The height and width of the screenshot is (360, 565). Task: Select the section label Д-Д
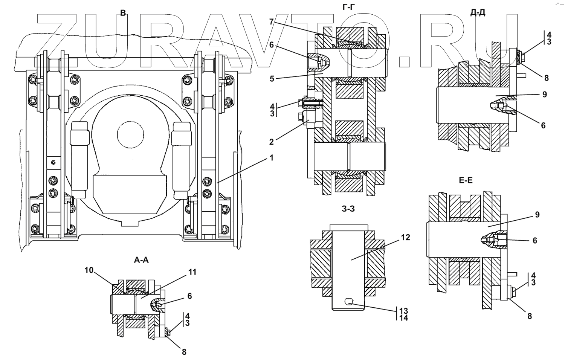click(x=478, y=12)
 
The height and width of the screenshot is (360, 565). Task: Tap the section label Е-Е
click(x=466, y=180)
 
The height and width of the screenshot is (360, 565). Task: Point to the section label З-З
click(x=348, y=209)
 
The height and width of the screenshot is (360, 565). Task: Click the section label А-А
click(x=141, y=259)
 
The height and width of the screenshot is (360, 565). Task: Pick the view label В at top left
click(x=123, y=13)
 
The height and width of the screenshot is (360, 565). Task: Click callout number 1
click(x=271, y=158)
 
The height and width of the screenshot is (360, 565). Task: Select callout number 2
click(x=271, y=142)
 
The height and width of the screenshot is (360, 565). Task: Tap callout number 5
click(x=272, y=79)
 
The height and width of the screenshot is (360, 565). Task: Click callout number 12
click(x=405, y=237)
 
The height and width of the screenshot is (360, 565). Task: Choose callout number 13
click(x=403, y=311)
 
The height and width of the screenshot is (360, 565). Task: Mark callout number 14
click(x=403, y=318)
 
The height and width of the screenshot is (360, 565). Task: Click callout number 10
click(x=89, y=270)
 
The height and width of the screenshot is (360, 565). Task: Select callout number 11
click(x=192, y=272)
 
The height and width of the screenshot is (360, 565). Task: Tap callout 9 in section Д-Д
click(x=545, y=94)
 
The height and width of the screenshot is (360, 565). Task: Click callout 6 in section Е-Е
click(x=535, y=240)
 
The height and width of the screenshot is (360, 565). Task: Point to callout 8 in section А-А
click(x=184, y=352)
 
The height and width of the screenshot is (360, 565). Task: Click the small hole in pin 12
click(x=349, y=301)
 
